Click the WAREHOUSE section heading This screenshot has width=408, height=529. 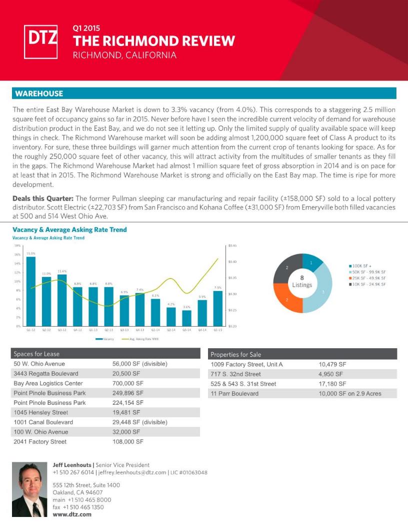coord(39,94)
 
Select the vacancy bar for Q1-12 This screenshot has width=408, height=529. coord(31,291)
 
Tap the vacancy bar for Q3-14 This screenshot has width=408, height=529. coord(186,318)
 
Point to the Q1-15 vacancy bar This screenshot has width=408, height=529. coord(217,308)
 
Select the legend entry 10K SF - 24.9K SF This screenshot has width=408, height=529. coord(369,284)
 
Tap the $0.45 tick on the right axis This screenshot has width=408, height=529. coord(232,245)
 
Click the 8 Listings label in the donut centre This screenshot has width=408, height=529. coord(302,281)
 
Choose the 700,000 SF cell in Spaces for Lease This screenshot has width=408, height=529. coord(128,383)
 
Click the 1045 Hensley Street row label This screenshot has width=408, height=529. coord(41,412)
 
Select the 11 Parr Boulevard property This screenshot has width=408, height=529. coord(234,393)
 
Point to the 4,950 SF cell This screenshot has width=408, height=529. coord(330,374)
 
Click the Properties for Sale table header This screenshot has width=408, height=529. coord(232,354)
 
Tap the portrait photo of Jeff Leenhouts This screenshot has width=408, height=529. coord(29,490)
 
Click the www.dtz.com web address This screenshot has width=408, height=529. coord(72,514)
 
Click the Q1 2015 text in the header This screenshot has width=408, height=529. coord(86,29)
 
